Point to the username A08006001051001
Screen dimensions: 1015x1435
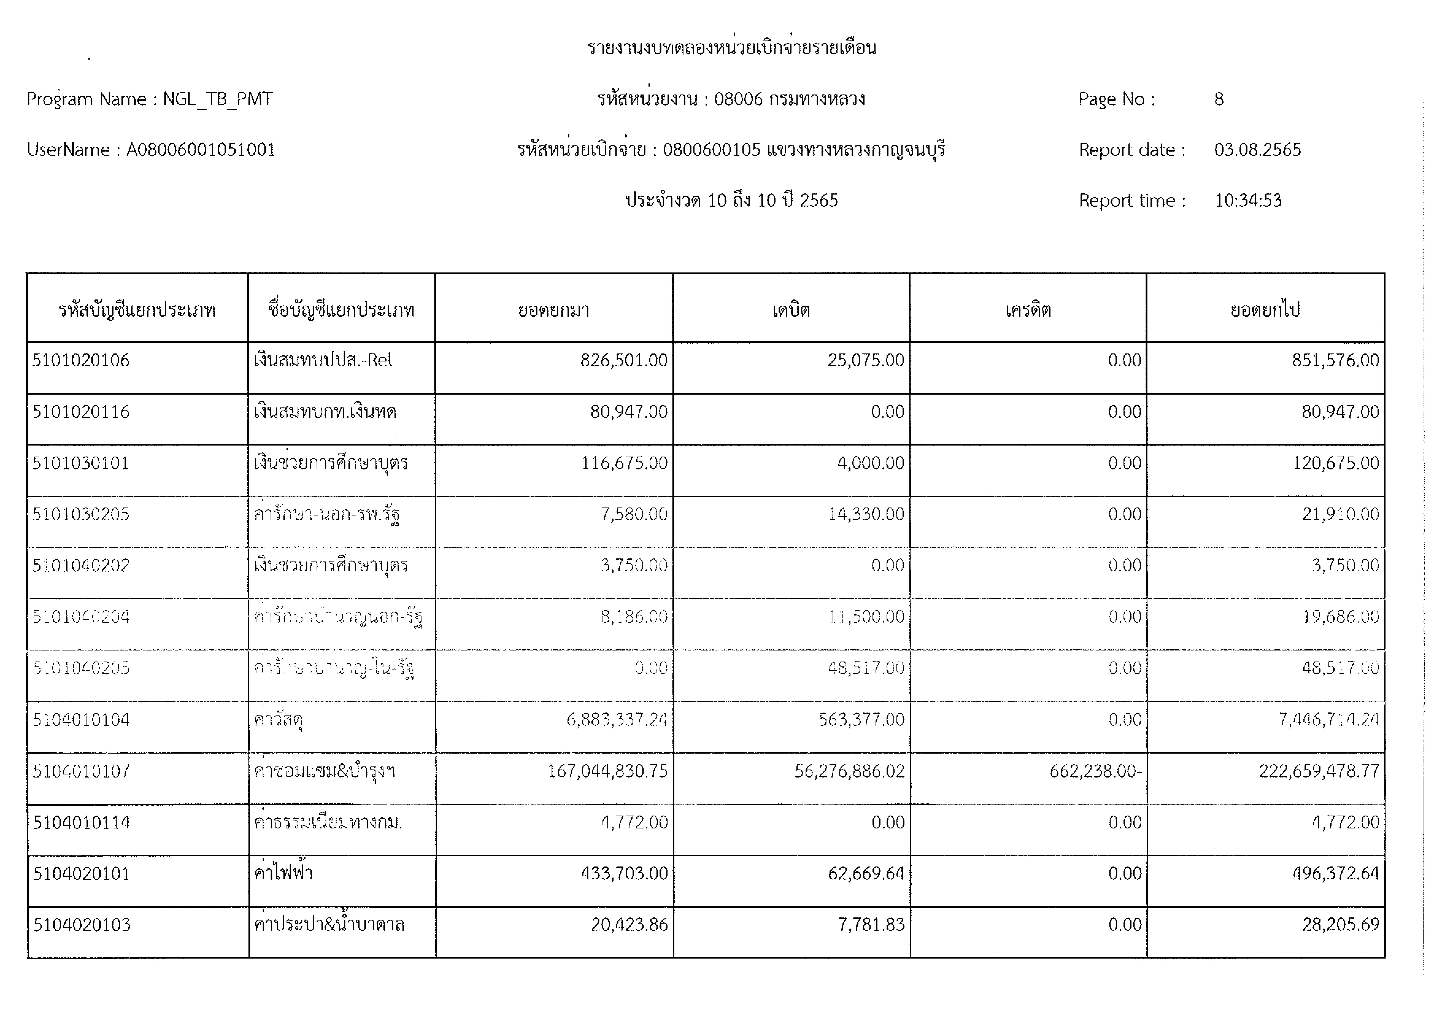click(201, 150)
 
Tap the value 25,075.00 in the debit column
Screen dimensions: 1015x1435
click(866, 361)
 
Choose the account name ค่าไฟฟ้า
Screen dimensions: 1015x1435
click(283, 872)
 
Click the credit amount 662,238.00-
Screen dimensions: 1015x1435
click(1095, 771)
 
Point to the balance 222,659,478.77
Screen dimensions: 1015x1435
click(1319, 771)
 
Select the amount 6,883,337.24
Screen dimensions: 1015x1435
click(617, 720)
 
